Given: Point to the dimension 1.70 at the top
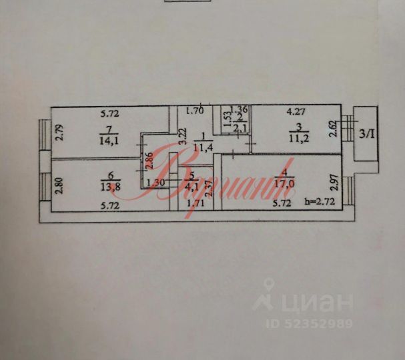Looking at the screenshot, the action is [195, 111].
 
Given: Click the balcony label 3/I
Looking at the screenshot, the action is [367, 134].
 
